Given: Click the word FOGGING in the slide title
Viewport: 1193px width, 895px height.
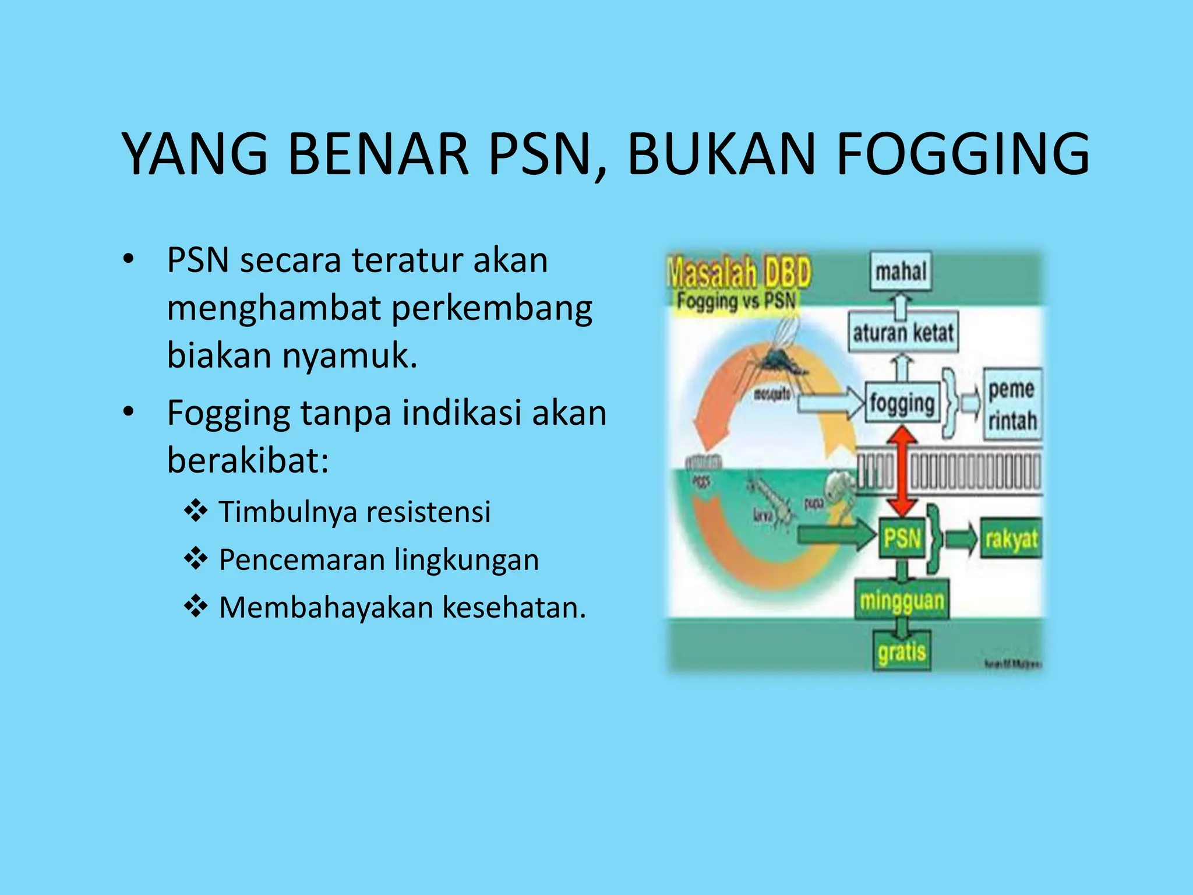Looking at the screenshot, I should tap(963, 154).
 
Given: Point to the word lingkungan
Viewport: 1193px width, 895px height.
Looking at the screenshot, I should tap(466, 560).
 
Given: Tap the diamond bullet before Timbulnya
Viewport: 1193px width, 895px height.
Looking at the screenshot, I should tap(196, 511).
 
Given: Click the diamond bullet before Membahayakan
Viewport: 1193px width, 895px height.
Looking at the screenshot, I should tap(196, 607).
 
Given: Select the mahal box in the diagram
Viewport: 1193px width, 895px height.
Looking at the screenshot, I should tap(901, 272).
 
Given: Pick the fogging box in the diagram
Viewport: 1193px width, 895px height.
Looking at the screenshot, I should tap(902, 403).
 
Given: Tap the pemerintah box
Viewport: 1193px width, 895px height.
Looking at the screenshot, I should tap(1012, 404).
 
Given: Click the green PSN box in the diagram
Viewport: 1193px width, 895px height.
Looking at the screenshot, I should tap(902, 537).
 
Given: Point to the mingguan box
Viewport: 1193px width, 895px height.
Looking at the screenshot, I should tap(902, 600).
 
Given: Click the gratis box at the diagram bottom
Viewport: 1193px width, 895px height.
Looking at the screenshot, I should tap(902, 651).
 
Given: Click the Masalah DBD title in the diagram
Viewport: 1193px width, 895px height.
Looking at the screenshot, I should tap(739, 273).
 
